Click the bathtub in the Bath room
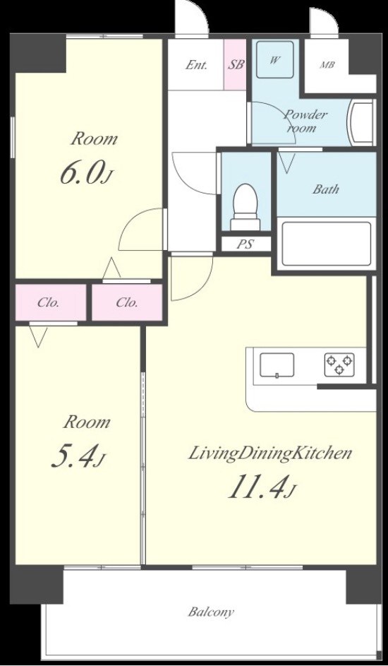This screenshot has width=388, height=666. click(327, 243)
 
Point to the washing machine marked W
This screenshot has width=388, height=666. click(275, 59)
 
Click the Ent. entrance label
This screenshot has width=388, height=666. click(197, 66)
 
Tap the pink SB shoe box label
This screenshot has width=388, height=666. click(236, 65)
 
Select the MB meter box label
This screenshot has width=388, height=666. click(327, 66)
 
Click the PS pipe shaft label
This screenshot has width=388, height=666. click(245, 244)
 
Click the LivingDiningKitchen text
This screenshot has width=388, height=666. click(269, 453)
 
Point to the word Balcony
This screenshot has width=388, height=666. click(211, 612)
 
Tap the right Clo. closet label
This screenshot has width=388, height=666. click(127, 303)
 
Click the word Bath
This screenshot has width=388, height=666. click(326, 189)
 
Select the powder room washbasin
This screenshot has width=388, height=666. click(360, 122)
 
